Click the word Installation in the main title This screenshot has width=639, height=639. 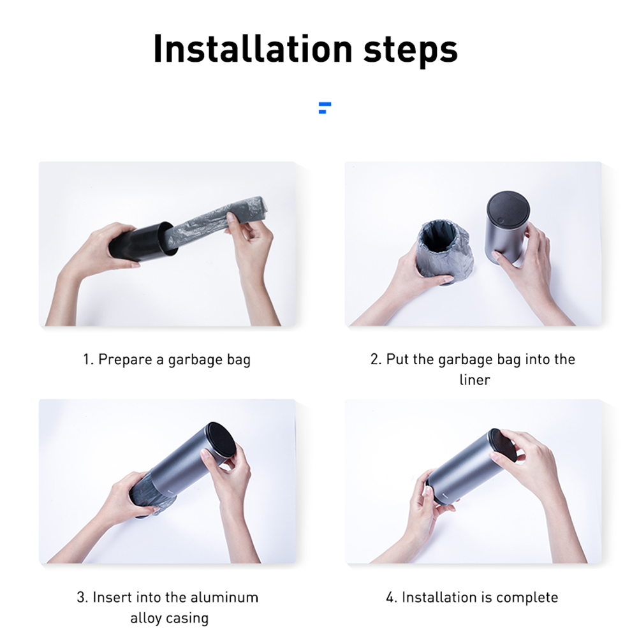pos(253,48)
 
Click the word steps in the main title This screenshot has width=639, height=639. pos(411,51)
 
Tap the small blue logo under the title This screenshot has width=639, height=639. pos(325,108)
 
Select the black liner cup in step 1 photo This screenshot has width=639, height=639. pos(143,242)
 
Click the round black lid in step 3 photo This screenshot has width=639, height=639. pos(220,440)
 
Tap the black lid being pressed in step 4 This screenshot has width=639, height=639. pos(502,445)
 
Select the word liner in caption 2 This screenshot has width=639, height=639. pos(474,380)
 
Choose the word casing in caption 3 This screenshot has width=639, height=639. pos(187,619)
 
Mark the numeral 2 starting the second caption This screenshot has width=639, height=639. pos(374,360)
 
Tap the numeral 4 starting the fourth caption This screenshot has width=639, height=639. pos(390,598)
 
